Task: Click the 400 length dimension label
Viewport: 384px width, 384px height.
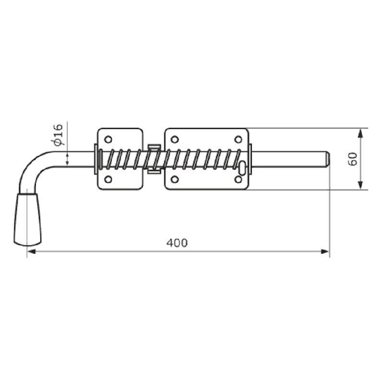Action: tap(177, 243)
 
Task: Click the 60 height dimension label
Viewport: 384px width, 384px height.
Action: tap(353, 159)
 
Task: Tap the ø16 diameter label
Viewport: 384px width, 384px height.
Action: tap(58, 135)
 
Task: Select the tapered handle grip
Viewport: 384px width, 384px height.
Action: tap(27, 219)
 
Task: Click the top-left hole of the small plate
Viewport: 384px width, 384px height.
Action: tap(108, 139)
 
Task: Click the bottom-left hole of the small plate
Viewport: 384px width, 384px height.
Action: tap(108, 179)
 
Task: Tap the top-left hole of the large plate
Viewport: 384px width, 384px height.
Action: tap(174, 139)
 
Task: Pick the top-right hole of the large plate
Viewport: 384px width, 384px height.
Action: tap(238, 139)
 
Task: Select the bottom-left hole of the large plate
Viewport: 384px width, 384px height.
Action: tap(174, 179)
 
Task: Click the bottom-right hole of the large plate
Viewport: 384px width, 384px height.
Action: tap(238, 179)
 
